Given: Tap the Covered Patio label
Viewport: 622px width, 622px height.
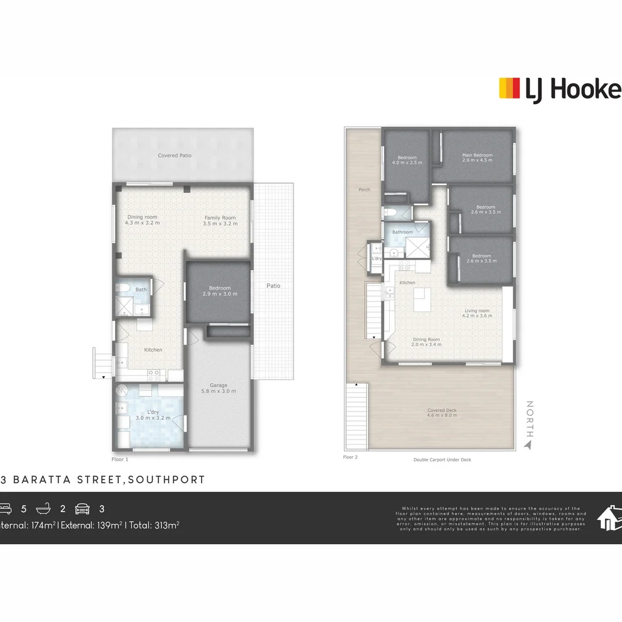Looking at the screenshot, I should pyautogui.click(x=175, y=155).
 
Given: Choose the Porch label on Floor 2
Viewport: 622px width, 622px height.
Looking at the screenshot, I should pyautogui.click(x=364, y=189).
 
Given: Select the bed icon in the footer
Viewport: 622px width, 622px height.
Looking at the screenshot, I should pyautogui.click(x=5, y=509).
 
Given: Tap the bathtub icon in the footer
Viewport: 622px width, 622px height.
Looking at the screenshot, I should pyautogui.click(x=44, y=509).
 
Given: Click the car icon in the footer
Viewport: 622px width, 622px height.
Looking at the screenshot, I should pyautogui.click(x=83, y=509).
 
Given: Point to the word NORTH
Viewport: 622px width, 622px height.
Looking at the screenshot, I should pyautogui.click(x=529, y=419).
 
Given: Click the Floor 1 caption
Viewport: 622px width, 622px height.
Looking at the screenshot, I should pyautogui.click(x=120, y=459).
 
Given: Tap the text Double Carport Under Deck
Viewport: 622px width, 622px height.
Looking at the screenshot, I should pyautogui.click(x=442, y=460).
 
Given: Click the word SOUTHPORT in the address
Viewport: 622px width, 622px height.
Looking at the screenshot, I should pyautogui.click(x=167, y=479).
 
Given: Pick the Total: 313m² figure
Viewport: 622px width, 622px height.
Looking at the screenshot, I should pyautogui.click(x=154, y=525).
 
